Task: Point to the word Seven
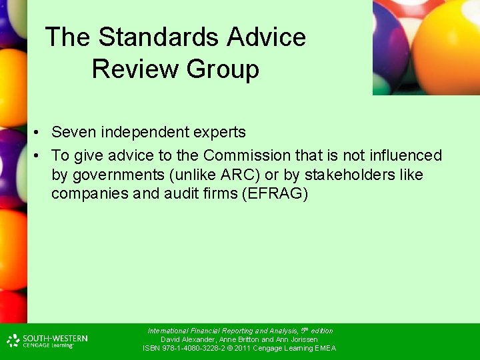[x=73, y=132]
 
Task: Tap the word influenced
[x=402, y=155]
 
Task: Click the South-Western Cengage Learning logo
[x=47, y=341]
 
